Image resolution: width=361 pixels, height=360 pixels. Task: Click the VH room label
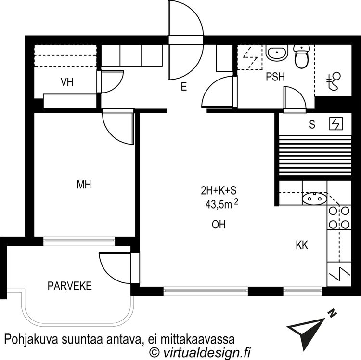67,82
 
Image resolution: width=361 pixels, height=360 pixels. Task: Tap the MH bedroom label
84,185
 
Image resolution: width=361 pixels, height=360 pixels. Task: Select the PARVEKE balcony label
69,286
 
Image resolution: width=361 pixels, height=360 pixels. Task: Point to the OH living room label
219,225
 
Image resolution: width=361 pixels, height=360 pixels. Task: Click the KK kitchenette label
302,245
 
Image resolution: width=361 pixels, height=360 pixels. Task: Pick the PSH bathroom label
275,77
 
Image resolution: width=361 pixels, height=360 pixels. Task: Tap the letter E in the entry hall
183,87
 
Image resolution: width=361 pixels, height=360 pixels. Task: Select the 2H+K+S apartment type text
219,191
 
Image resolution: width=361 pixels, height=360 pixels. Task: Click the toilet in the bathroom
301,56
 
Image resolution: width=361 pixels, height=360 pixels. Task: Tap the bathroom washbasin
276,53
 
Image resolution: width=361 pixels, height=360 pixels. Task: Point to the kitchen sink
314,199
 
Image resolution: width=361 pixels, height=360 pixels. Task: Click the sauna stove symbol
335,123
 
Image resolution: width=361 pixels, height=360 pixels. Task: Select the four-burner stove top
339,217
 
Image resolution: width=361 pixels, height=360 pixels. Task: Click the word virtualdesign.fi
206,352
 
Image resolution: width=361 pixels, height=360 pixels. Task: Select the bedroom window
79,240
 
